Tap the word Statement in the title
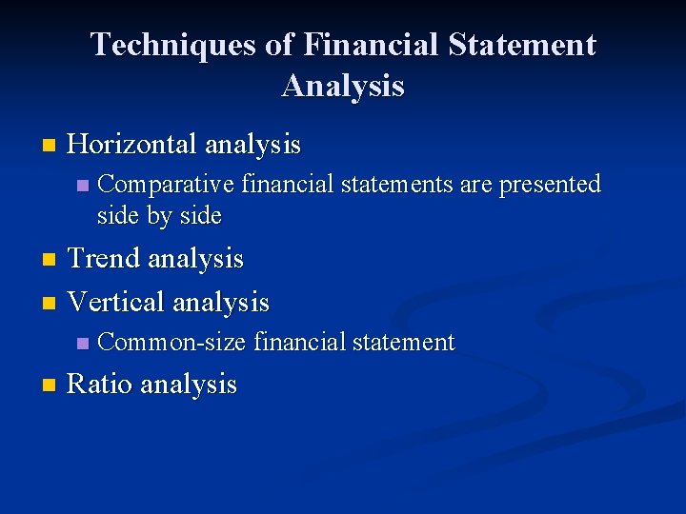[519, 45]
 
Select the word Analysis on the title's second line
[343, 86]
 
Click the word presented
[551, 183]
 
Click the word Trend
[107, 258]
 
